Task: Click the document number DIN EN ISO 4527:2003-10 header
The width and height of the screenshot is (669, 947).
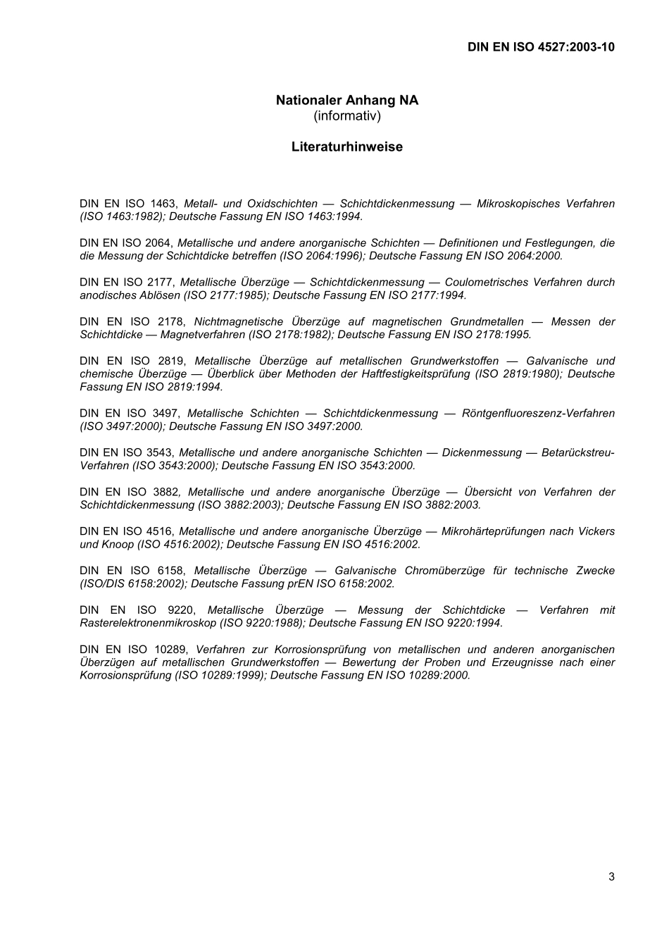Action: coord(541,47)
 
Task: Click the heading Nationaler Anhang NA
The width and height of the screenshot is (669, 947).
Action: coord(346,100)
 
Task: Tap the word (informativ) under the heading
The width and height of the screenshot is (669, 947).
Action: coord(346,115)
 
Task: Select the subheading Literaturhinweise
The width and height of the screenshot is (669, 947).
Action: coord(346,147)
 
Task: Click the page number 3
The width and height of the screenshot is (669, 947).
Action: coord(611,877)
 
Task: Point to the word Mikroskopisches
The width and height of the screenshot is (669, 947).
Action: coord(522,204)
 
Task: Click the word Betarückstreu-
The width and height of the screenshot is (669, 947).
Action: coord(577,453)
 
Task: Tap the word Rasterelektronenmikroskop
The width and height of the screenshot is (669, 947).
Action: coord(148,623)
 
